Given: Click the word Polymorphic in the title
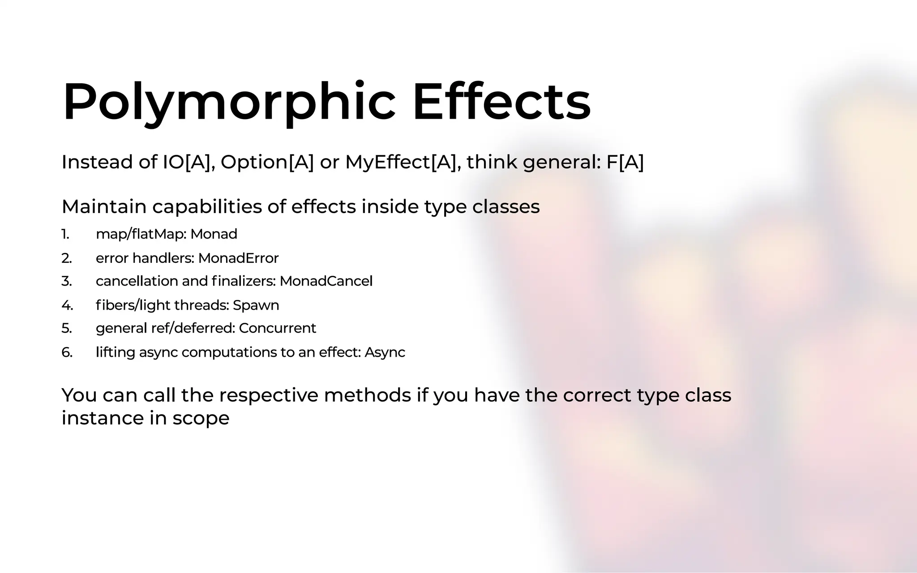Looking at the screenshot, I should coord(229,102).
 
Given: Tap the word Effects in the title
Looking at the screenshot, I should coord(501,102).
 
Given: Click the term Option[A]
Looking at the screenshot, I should coord(267,162).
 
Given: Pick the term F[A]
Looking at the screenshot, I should coord(625,162).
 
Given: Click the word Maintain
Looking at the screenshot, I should coord(104,207).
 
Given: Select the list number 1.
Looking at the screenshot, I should coord(65,234).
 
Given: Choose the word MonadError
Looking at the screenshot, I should coord(238,258).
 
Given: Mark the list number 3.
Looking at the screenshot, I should coord(66,281).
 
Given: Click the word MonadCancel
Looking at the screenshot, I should coord(326,281).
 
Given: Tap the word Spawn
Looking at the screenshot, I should coord(256,305).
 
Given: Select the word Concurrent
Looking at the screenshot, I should coord(278,328).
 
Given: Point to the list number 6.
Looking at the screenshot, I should coord(67,353).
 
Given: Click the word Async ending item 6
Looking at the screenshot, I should coord(385,353).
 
